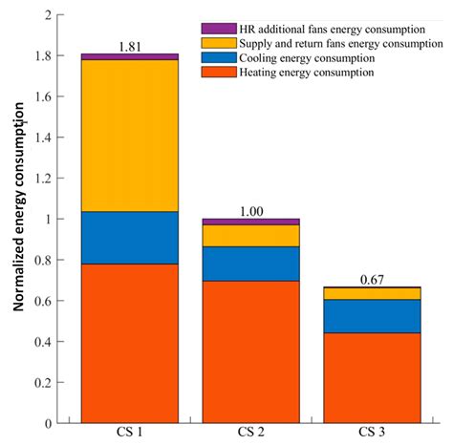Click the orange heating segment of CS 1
tap(130, 344)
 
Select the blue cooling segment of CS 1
tap(130, 238)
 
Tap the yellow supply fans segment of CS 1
tap(130, 136)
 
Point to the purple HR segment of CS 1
tap(130, 56)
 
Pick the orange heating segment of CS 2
tap(251, 352)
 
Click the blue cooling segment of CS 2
tap(251, 264)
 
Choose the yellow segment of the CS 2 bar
tap(251, 236)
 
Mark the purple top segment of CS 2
tap(251, 222)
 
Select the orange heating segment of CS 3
tap(372, 378)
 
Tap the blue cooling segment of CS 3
tap(372, 316)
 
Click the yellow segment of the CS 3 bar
tap(372, 294)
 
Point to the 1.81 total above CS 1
tap(130, 47)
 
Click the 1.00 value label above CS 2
tap(251, 212)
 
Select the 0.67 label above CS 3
tap(372, 280)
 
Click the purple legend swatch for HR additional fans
tap(219, 29)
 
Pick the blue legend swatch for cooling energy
tap(219, 57)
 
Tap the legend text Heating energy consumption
tap(307, 73)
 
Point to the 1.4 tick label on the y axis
tap(43, 138)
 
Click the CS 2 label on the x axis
tap(251, 433)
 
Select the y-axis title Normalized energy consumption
tap(19, 207)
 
